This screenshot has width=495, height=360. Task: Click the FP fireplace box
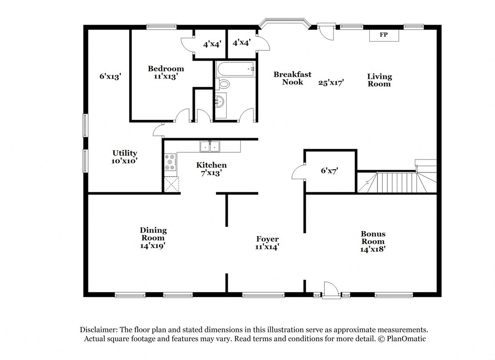pyautogui.click(x=383, y=35)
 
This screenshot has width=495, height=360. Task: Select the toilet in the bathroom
pyautogui.click(x=223, y=85)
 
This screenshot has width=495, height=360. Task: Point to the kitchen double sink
pyautogui.click(x=209, y=145)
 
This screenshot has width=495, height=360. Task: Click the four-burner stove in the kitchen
pyautogui.click(x=170, y=162)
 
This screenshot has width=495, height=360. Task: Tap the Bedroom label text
pyautogui.click(x=166, y=69)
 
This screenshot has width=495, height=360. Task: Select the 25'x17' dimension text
pyautogui.click(x=331, y=83)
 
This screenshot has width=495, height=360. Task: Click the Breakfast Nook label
pyautogui.click(x=292, y=78)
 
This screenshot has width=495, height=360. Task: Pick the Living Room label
pyautogui.click(x=379, y=80)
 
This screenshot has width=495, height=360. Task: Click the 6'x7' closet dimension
pyautogui.click(x=330, y=170)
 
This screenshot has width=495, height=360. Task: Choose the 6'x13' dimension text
pyautogui.click(x=110, y=76)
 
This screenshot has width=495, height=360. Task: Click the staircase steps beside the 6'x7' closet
pyautogui.click(x=392, y=183)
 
